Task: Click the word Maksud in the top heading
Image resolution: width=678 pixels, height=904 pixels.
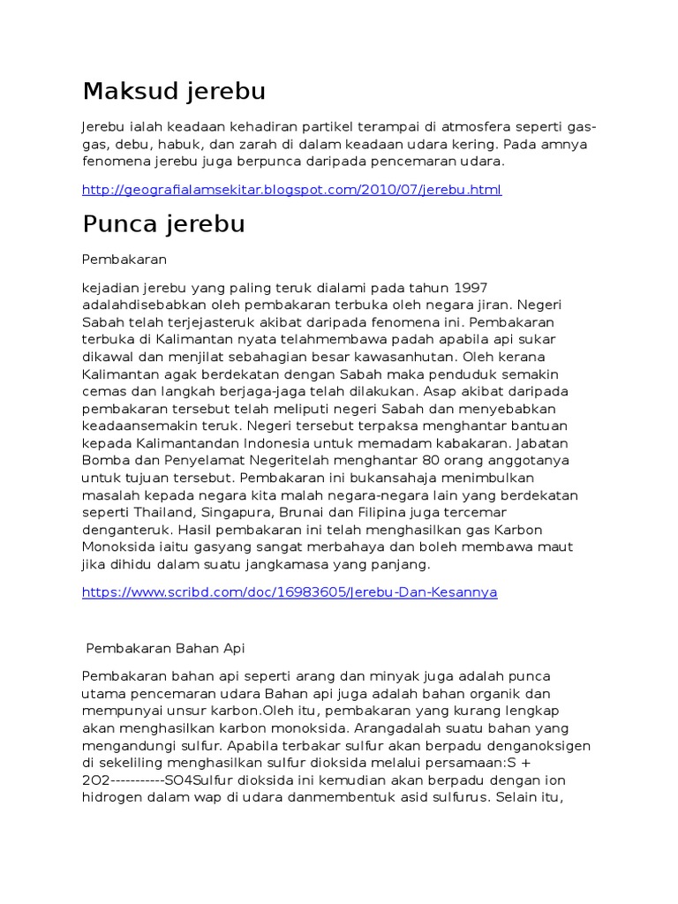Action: (x=130, y=92)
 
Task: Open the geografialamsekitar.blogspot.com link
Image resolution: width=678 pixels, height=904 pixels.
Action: (x=291, y=190)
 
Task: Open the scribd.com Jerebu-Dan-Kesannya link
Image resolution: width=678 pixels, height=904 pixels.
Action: (x=290, y=592)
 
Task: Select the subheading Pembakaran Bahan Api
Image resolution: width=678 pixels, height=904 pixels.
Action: (x=165, y=648)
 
